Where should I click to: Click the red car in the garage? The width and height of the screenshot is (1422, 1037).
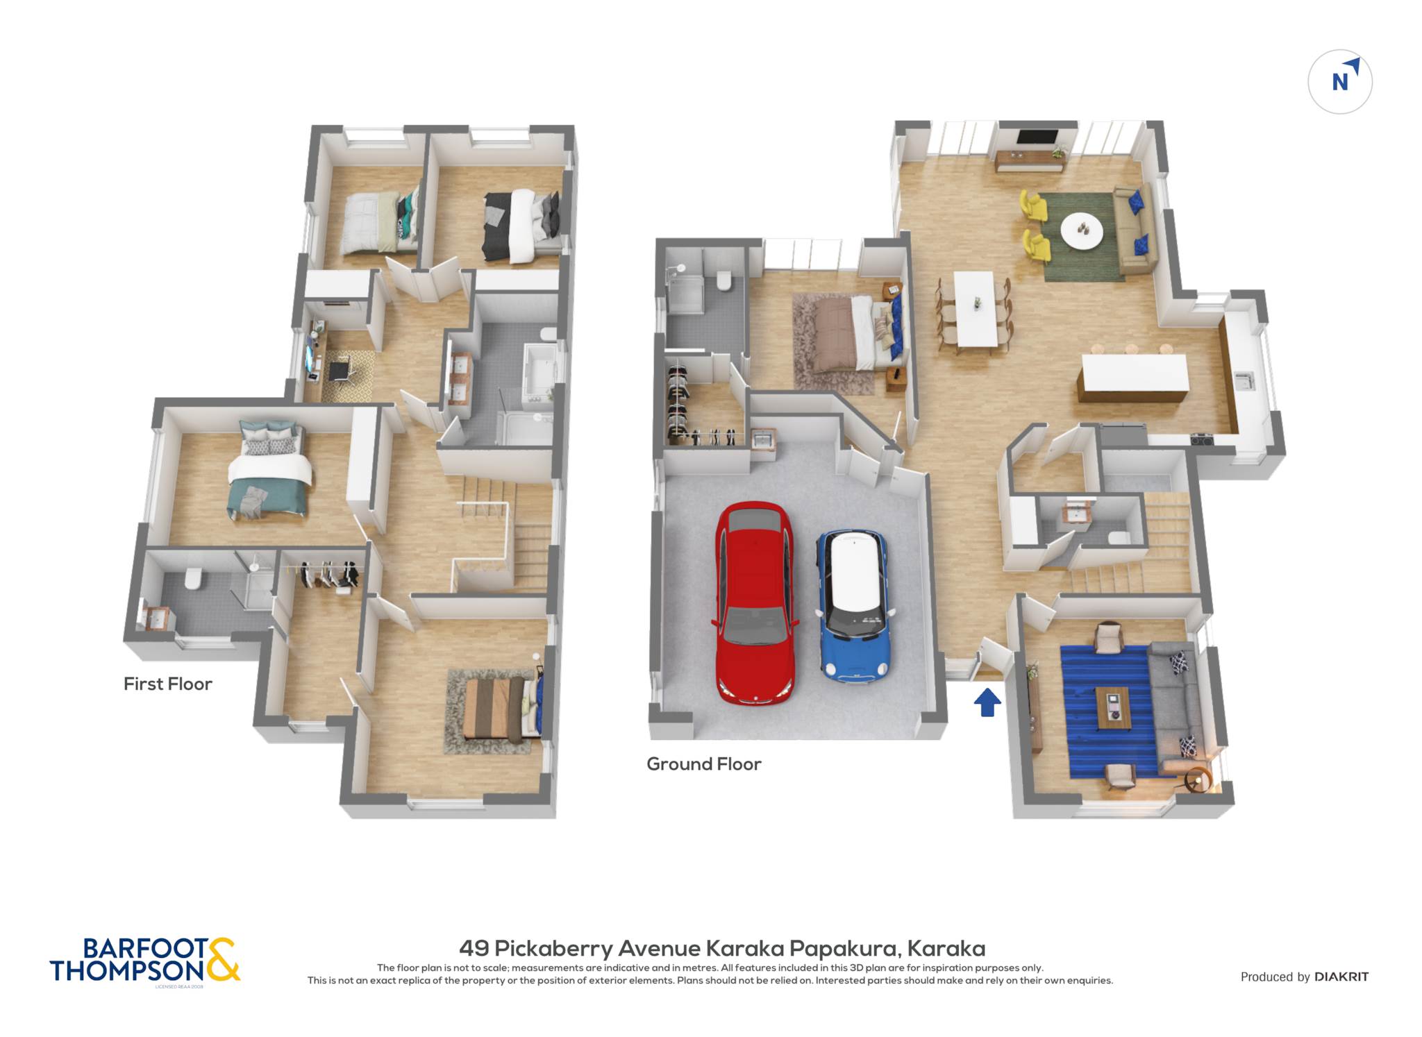click(x=754, y=602)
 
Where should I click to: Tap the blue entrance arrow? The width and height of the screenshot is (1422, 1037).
click(x=987, y=701)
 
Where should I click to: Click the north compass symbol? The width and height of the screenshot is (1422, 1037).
click(x=1340, y=81)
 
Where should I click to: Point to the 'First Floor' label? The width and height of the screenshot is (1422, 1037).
click(x=167, y=684)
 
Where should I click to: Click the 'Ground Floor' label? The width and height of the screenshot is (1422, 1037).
click(x=703, y=764)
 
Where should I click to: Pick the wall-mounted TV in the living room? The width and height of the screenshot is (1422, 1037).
click(x=1037, y=137)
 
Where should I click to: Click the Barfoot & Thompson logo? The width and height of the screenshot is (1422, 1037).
click(x=144, y=961)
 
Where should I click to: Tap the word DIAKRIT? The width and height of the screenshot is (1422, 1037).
click(x=1341, y=977)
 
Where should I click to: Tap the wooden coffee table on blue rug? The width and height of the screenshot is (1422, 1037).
click(x=1114, y=708)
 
